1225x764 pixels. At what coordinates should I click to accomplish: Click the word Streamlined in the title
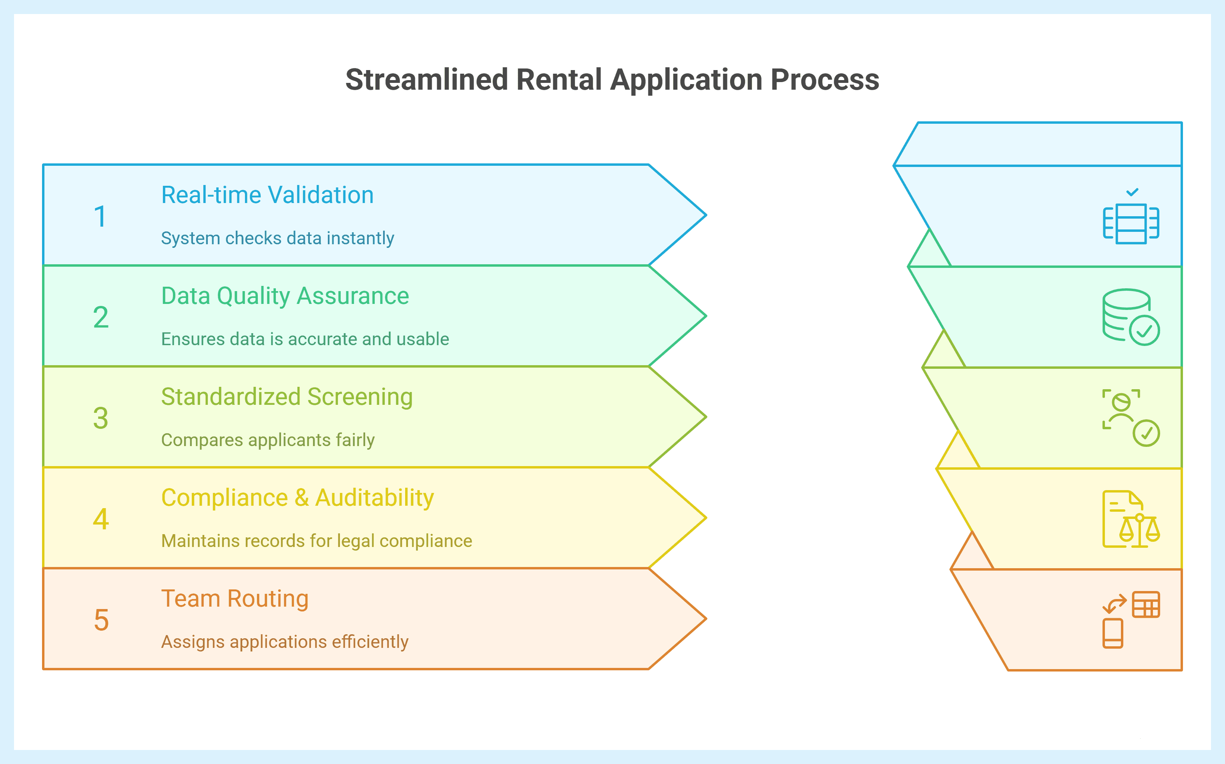[426, 80]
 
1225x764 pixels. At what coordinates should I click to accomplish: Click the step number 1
[100, 216]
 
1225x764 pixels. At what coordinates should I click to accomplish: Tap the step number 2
[100, 317]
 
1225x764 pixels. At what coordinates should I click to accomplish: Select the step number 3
[100, 418]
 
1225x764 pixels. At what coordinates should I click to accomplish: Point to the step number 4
[101, 519]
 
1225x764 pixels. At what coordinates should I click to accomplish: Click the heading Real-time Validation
[267, 195]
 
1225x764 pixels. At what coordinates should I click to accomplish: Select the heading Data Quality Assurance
[285, 296]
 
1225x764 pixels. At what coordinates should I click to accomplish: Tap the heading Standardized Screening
[286, 397]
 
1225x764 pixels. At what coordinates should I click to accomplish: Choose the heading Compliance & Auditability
[297, 498]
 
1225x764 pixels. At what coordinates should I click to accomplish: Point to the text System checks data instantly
[277, 238]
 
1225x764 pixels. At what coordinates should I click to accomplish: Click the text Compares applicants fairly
[268, 440]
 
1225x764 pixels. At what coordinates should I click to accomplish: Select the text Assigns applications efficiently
[284, 642]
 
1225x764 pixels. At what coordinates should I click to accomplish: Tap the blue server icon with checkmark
[1131, 218]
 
